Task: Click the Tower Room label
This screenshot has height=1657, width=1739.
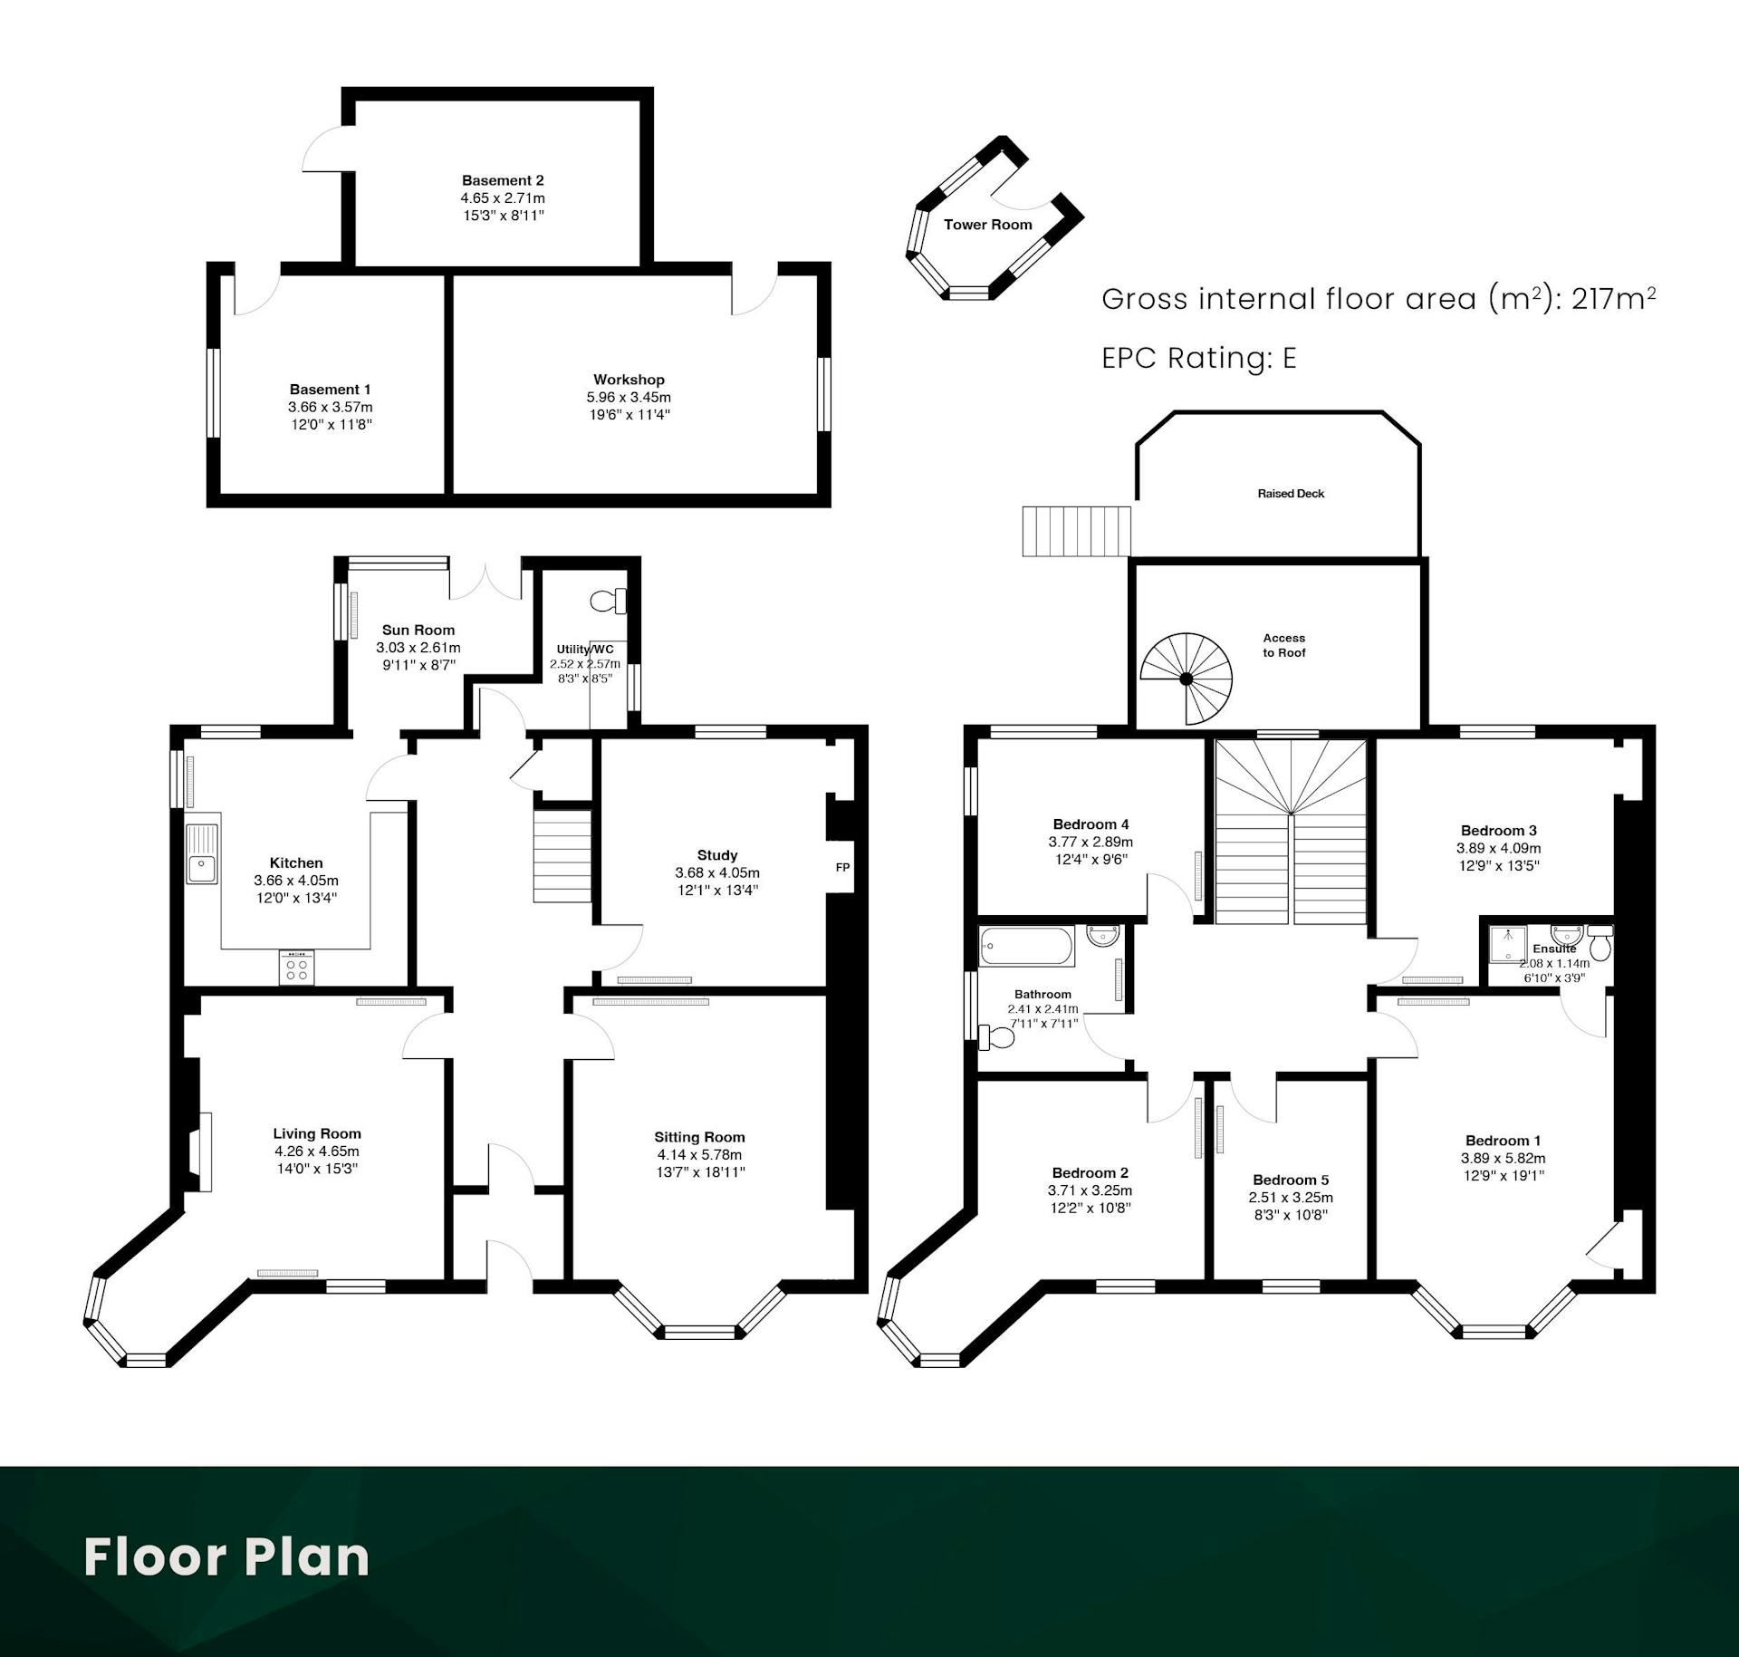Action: tap(987, 225)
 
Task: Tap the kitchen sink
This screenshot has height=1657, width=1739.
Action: tap(203, 853)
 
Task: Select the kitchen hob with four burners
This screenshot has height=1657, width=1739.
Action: tap(297, 968)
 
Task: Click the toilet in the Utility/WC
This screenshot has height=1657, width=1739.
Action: tap(608, 600)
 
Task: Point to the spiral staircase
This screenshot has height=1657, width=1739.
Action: tap(1186, 679)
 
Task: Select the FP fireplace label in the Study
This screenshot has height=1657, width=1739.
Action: tap(842, 867)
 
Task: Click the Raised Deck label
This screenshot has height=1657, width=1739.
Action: tap(1291, 494)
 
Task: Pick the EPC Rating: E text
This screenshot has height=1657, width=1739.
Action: tap(1199, 358)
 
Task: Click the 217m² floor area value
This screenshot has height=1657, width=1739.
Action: tap(1613, 297)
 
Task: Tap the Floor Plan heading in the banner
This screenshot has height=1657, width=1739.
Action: tap(226, 1556)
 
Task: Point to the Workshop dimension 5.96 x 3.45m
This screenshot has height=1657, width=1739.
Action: tap(629, 397)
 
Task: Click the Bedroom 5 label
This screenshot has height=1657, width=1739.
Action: tap(1291, 1180)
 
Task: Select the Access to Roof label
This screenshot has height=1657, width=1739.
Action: tap(1284, 645)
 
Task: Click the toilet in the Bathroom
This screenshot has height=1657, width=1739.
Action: tap(996, 1036)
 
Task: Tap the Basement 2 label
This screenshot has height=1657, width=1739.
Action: tap(503, 180)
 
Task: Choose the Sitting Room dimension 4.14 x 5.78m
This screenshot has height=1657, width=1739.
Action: tap(699, 1154)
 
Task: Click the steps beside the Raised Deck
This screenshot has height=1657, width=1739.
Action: tap(1077, 531)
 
